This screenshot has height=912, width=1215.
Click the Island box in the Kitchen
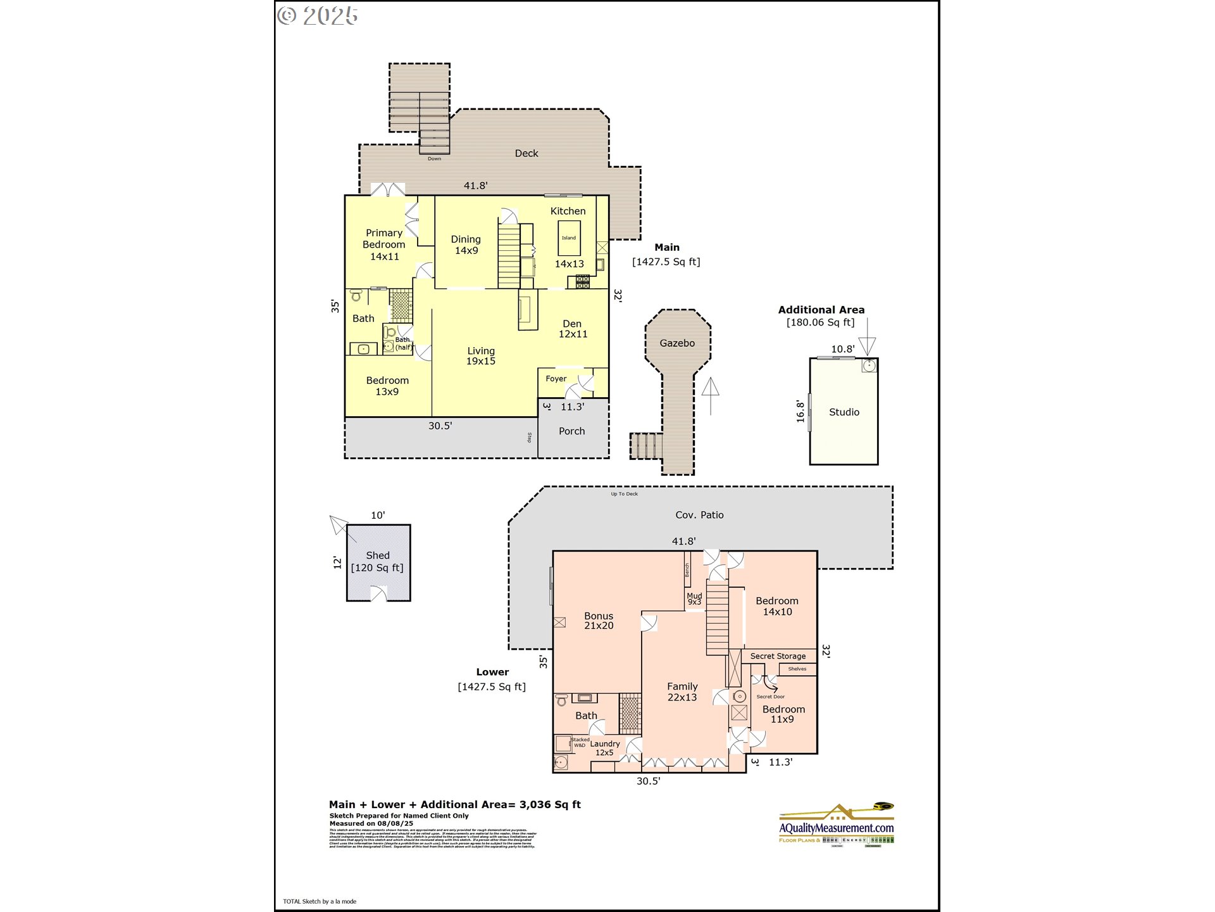569,238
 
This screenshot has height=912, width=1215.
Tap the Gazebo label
677,343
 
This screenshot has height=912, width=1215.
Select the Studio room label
844,412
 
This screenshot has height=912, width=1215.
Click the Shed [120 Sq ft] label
377,562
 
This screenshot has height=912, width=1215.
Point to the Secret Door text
770,697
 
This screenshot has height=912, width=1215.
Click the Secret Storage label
778,656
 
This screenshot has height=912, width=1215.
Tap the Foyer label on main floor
556,379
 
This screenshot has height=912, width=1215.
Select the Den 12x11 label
573,329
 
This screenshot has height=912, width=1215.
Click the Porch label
571,431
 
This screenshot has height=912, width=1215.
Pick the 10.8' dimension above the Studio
842,349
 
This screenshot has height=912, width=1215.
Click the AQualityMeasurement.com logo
836,825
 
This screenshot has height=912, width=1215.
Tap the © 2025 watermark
318,16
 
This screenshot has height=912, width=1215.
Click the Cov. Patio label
699,515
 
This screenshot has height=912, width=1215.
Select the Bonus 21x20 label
599,621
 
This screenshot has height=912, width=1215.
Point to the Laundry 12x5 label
605,748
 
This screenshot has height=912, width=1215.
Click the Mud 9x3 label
694,598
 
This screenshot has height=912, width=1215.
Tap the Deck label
526,153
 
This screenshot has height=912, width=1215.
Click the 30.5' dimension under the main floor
440,426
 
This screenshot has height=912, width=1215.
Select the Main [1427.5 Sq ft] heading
666,255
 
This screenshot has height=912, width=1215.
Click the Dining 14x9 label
466,245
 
